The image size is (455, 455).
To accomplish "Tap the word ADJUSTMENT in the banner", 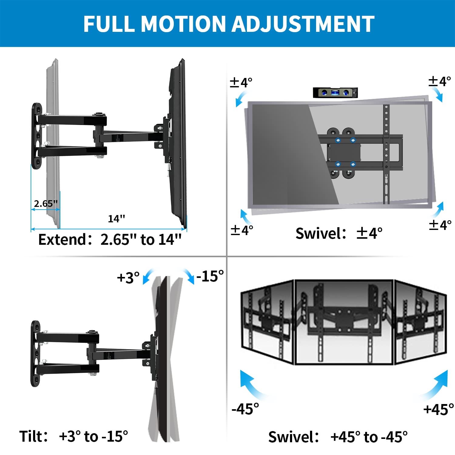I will pyautogui.click(x=303, y=24).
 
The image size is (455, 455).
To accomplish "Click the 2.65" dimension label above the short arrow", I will pyautogui.click(x=45, y=204).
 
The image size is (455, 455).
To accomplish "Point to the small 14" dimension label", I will pyautogui.click(x=116, y=219).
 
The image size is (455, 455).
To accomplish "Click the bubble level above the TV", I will pyautogui.click(x=335, y=93).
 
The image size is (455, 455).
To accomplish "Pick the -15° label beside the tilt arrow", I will pyautogui.click(x=210, y=276).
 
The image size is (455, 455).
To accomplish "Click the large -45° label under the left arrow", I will pyautogui.click(x=245, y=409).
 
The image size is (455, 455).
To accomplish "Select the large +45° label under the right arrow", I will pyautogui.click(x=439, y=409).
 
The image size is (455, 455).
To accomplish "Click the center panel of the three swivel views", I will pyautogui.click(x=344, y=322).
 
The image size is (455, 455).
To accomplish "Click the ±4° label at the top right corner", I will pyautogui.click(x=440, y=81).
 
